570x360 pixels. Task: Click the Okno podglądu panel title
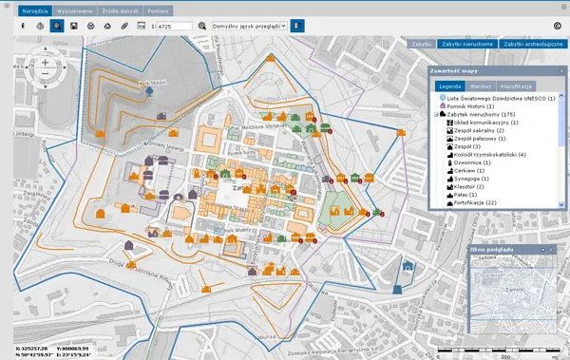493,249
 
